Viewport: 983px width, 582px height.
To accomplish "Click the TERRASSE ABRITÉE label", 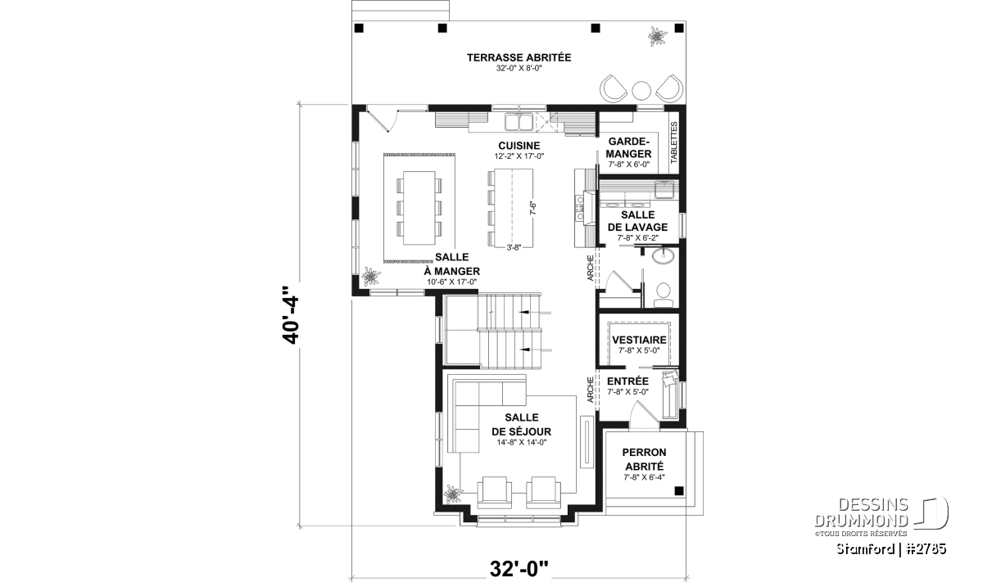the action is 519,58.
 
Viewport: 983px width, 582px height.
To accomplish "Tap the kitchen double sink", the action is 519,122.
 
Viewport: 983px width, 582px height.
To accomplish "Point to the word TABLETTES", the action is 674,143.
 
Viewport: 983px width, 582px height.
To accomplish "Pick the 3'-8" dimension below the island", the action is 514,247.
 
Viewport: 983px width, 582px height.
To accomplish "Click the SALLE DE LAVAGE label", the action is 637,221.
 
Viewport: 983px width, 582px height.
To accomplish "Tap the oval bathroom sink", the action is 663,255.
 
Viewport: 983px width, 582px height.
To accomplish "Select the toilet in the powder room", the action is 663,295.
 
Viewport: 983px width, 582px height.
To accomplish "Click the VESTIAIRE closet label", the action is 639,340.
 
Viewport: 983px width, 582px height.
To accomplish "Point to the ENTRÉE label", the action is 627,381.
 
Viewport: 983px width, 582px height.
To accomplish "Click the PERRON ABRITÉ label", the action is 644,459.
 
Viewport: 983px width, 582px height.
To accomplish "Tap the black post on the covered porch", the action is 679,491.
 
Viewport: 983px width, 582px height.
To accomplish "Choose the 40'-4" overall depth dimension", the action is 291,315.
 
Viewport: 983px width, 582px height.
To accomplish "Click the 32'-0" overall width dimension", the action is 519,569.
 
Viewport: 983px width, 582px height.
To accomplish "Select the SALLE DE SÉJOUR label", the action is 521,424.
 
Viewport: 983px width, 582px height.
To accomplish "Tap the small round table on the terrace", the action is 641,90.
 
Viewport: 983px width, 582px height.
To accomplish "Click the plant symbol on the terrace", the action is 657,36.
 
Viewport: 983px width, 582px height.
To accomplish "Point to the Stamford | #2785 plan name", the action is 891,548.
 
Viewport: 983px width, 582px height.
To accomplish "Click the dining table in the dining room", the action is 419,208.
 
